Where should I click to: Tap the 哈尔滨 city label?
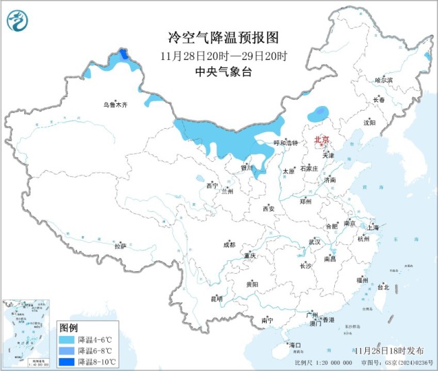(383, 80)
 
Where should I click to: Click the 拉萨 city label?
(120, 246)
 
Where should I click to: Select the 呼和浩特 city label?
(285, 143)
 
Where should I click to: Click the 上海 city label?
(373, 227)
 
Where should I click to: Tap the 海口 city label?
(294, 345)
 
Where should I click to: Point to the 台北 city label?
(383, 287)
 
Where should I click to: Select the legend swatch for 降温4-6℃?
(66, 339)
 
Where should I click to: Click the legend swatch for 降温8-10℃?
(66, 362)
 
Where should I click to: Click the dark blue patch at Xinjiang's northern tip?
(123, 54)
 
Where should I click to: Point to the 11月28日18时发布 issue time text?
(389, 351)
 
